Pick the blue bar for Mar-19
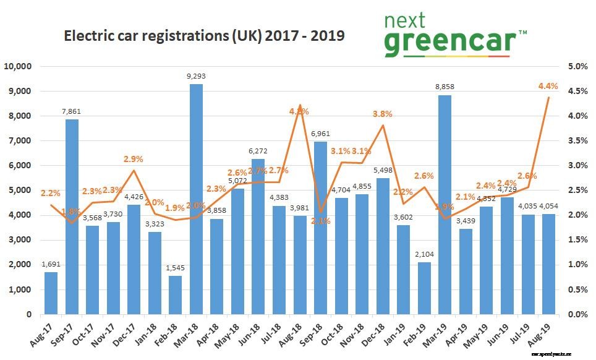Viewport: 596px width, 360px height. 445,205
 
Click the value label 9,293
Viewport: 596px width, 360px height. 196,77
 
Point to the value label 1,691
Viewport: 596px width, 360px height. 51,265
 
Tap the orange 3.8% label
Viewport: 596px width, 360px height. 383,114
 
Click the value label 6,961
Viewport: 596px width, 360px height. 320,134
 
